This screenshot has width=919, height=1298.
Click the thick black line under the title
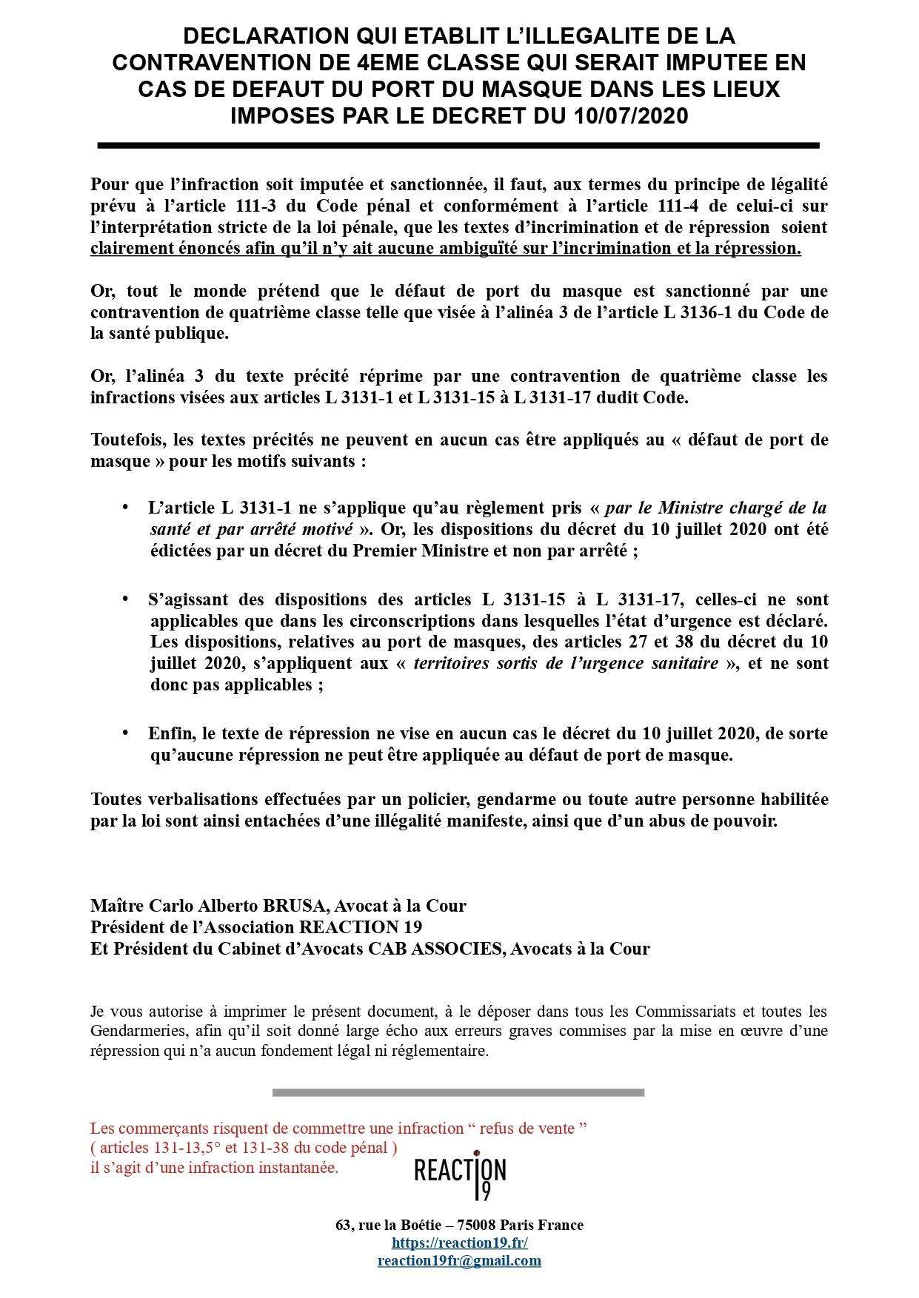[x=458, y=146]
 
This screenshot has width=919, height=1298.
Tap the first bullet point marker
[x=125, y=508]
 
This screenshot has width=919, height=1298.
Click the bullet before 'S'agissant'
[x=125, y=599]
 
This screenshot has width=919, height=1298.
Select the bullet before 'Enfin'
[x=125, y=733]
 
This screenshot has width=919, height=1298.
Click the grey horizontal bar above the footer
[x=458, y=1092]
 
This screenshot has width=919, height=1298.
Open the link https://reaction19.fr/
[x=459, y=1243]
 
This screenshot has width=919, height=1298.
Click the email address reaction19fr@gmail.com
[x=459, y=1260]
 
